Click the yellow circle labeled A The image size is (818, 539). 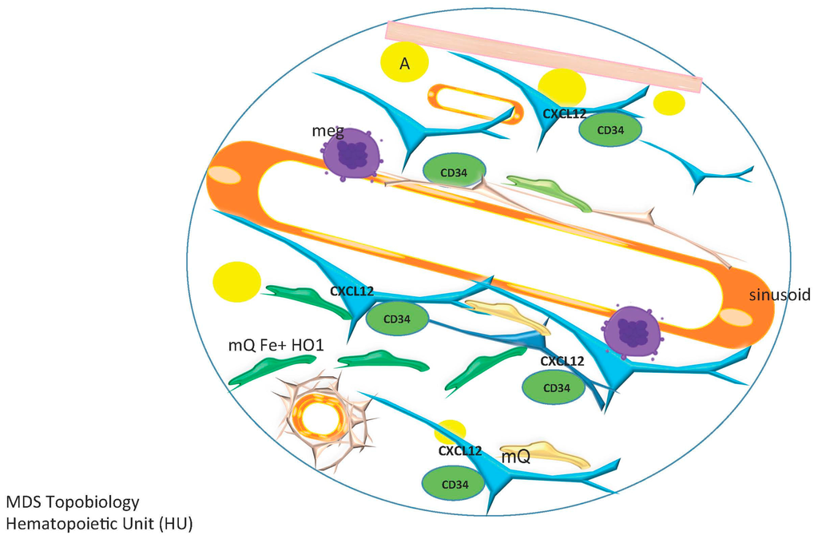pyautogui.click(x=404, y=62)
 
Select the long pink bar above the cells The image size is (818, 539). pyautogui.click(x=543, y=56)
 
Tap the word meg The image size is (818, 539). pyautogui.click(x=328, y=130)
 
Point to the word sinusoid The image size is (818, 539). pyautogui.click(x=780, y=295)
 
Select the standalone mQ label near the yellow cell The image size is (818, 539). pyautogui.click(x=515, y=458)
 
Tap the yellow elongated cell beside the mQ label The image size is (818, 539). pyautogui.click(x=546, y=454)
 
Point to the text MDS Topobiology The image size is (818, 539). pyautogui.click(x=73, y=502)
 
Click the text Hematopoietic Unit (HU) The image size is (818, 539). pyautogui.click(x=99, y=524)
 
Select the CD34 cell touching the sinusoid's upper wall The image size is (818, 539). pyautogui.click(x=454, y=171)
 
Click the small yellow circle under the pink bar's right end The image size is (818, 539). pyautogui.click(x=669, y=103)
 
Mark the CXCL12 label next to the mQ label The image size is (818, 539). pyautogui.click(x=459, y=450)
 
